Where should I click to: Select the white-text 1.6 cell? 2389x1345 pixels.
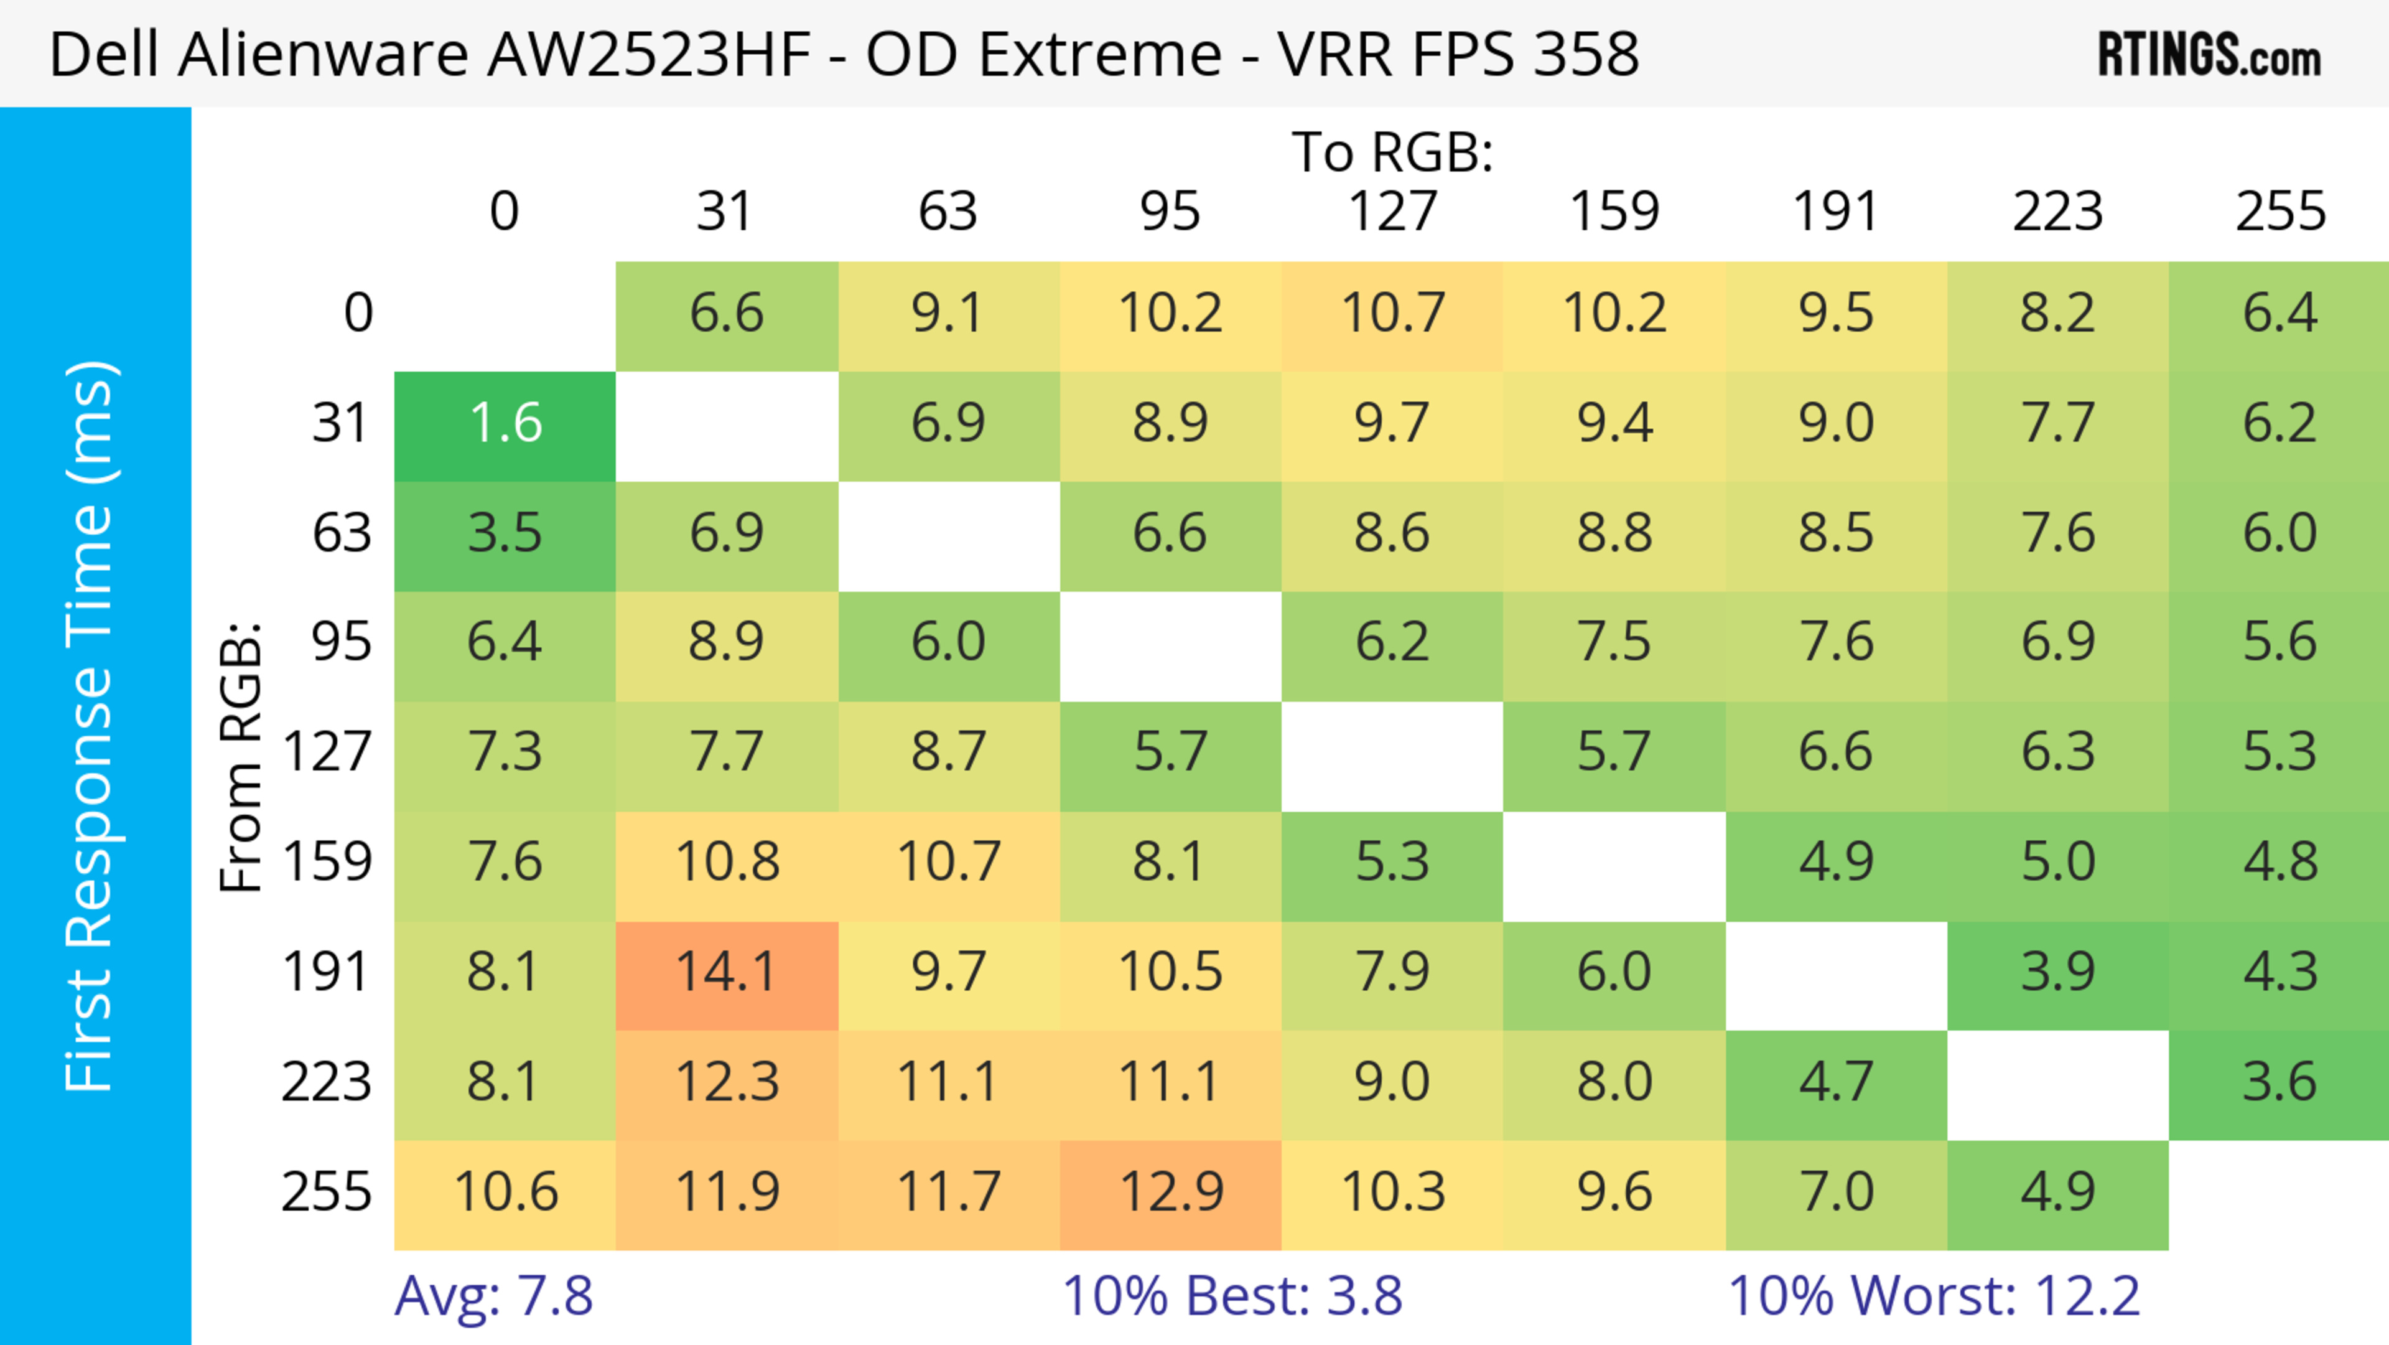pos(505,423)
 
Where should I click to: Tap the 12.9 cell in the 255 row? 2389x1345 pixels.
pos(1170,1192)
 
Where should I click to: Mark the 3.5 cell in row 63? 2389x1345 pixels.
pos(505,532)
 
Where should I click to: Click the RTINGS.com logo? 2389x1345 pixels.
pos(2209,55)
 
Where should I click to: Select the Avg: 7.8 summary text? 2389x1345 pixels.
pos(493,1295)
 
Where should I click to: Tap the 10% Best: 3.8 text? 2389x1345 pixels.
pos(1232,1295)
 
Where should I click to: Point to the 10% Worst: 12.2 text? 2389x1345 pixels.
pos(1934,1295)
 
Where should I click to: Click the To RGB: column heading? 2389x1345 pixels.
pos(1392,151)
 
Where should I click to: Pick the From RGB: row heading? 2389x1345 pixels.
pos(241,757)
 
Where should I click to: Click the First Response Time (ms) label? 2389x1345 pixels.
pos(91,725)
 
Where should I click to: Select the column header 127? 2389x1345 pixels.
pos(1392,212)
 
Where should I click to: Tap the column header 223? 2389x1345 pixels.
pos(2057,212)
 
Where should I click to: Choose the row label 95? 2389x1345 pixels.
pos(342,642)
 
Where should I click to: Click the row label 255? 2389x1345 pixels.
pos(327,1192)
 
